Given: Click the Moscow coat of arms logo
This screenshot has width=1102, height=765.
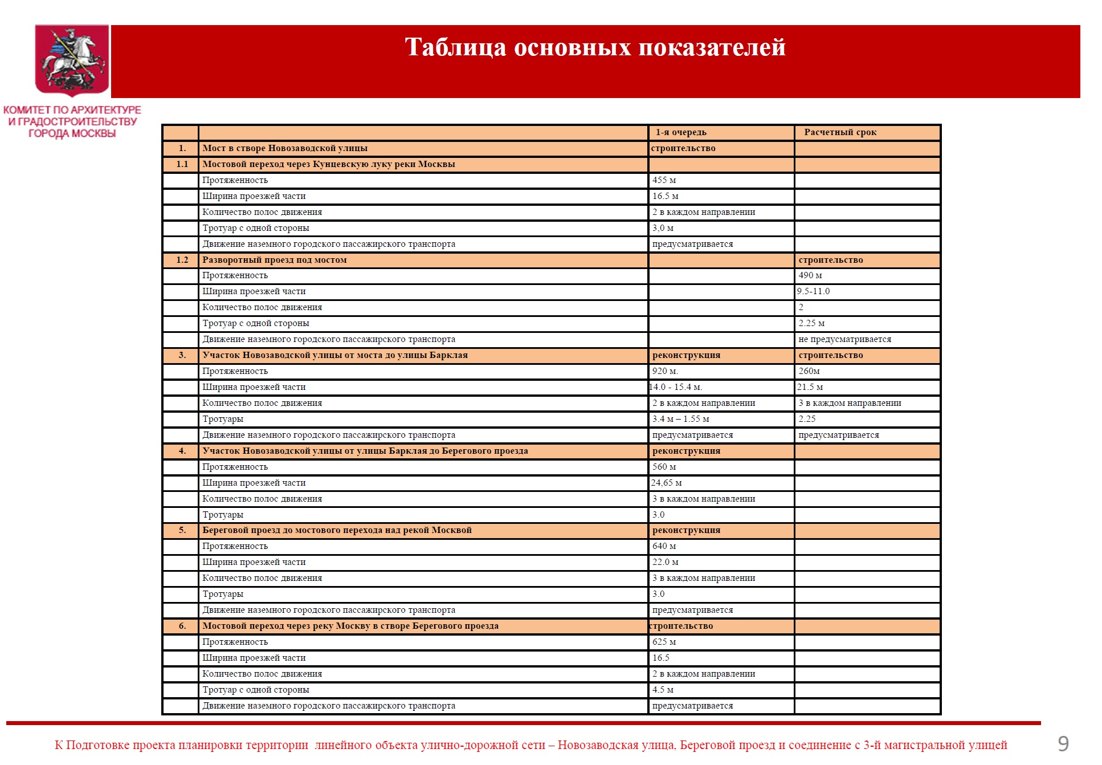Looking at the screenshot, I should click(x=72, y=60).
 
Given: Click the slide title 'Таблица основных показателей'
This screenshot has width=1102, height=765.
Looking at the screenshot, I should click(x=595, y=47).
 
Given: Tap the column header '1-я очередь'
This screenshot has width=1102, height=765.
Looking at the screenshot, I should click(x=681, y=132).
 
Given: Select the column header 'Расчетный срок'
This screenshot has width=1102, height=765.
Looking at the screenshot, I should click(x=840, y=132).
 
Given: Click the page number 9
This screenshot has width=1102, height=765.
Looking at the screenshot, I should click(x=1063, y=743).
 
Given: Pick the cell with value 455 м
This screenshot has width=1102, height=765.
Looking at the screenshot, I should click(x=664, y=180).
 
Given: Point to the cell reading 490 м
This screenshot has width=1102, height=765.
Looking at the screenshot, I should click(x=810, y=275).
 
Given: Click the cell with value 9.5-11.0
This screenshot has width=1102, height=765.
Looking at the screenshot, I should click(x=814, y=291).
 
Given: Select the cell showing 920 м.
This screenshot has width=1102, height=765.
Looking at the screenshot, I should click(x=665, y=371).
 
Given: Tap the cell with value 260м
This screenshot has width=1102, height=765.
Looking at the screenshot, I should click(x=809, y=371).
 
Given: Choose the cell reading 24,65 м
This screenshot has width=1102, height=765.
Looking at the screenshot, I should click(x=667, y=483).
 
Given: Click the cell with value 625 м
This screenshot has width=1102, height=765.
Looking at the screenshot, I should click(x=664, y=642).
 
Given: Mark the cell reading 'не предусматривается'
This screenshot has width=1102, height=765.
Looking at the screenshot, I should click(x=844, y=339).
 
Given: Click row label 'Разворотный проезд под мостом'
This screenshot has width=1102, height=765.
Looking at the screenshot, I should click(x=275, y=260).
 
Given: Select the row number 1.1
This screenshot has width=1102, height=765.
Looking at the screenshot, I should click(x=182, y=164).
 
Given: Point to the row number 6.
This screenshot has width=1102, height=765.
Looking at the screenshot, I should click(x=182, y=626).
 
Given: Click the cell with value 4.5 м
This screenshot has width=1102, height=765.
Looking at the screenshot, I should click(x=663, y=690).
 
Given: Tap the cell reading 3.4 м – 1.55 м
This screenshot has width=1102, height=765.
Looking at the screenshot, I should click(x=681, y=419).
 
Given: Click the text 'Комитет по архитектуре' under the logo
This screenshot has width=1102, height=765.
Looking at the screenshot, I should click(x=72, y=109).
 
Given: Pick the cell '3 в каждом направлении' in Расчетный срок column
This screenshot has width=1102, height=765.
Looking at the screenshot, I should click(x=850, y=403).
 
